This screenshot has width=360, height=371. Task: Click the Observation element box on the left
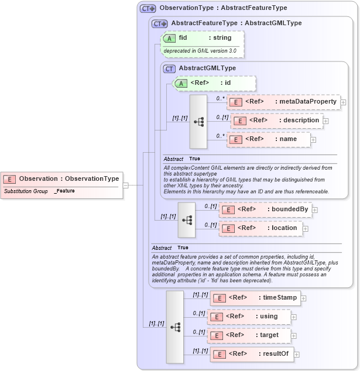click(61, 178)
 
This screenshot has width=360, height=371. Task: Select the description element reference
click(276, 121)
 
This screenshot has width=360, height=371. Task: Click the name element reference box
click(268, 139)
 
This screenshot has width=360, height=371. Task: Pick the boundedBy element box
click(265, 209)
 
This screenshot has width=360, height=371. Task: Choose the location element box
click(261, 228)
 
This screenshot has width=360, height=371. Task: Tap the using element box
click(249, 317)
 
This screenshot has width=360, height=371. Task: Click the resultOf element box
click(251, 354)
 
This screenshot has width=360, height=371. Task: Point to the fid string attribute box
click(203, 38)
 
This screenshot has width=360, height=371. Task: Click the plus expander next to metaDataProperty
click(343, 102)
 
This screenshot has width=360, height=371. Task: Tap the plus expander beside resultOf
click(297, 354)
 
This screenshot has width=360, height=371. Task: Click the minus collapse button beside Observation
click(126, 185)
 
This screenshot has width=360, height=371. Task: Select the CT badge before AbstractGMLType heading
click(170, 68)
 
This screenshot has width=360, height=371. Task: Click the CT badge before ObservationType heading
click(148, 9)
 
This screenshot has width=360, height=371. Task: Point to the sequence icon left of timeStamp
click(175, 327)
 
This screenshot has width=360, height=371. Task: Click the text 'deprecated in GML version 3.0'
click(200, 51)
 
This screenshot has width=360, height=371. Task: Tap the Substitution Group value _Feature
click(64, 191)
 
